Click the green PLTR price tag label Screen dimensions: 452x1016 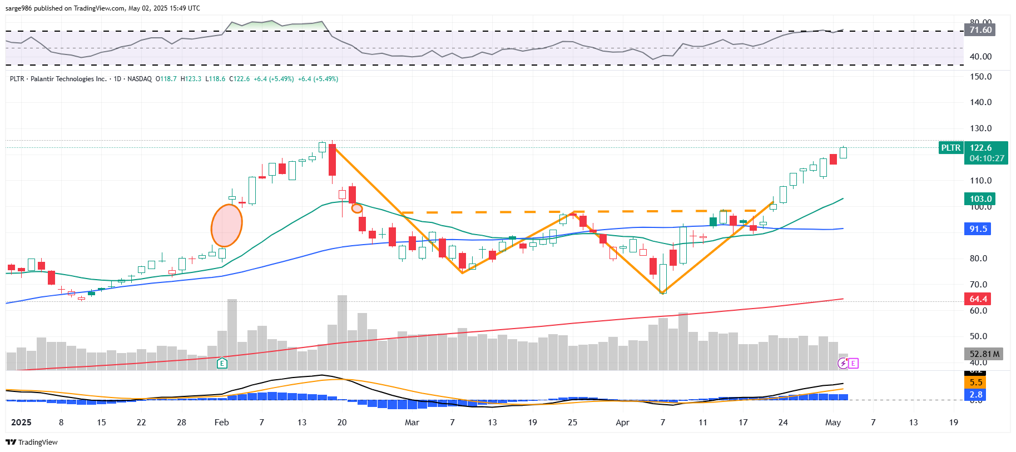pos(950,148)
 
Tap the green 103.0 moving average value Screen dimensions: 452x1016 pos(980,199)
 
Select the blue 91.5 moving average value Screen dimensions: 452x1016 pos(978,229)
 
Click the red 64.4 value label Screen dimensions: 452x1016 pos(978,299)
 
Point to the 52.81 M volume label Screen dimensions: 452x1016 pos(984,354)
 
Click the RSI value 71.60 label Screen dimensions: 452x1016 pos(980,30)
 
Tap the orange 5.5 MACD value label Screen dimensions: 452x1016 pos(975,383)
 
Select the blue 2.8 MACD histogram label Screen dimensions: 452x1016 pos(975,395)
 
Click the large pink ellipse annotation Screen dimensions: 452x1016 pos(226,225)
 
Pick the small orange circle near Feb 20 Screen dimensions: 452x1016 pos(357,208)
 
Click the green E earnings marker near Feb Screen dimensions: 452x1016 pos(222,364)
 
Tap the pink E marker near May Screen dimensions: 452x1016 pos(854,363)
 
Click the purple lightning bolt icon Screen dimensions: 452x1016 pos(843,363)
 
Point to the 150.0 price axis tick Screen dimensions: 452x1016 pos(980,77)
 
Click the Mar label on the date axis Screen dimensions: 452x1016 pos(412,423)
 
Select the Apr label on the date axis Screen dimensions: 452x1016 pos(622,423)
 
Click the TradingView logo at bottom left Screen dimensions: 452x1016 pos(32,442)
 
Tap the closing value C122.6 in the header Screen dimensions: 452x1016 pos(239,79)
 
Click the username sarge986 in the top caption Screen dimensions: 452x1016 pos(18,8)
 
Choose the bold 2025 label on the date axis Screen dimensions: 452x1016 pos(21,423)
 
